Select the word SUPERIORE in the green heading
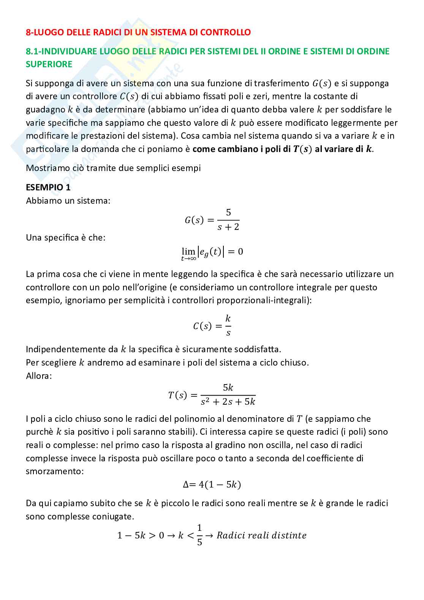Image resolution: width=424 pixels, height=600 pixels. tap(49, 64)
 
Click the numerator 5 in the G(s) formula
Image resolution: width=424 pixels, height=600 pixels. tap(228, 212)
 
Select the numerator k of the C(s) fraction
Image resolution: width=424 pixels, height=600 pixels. tap(228, 318)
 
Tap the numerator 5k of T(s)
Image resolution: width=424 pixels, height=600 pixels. tap(228, 388)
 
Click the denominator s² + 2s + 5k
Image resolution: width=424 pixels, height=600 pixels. tap(228, 402)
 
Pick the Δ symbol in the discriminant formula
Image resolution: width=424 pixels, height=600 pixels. tap(186, 484)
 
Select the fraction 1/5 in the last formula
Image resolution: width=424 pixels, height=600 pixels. tap(199, 535)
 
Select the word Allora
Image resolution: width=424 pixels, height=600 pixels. tap(39, 376)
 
